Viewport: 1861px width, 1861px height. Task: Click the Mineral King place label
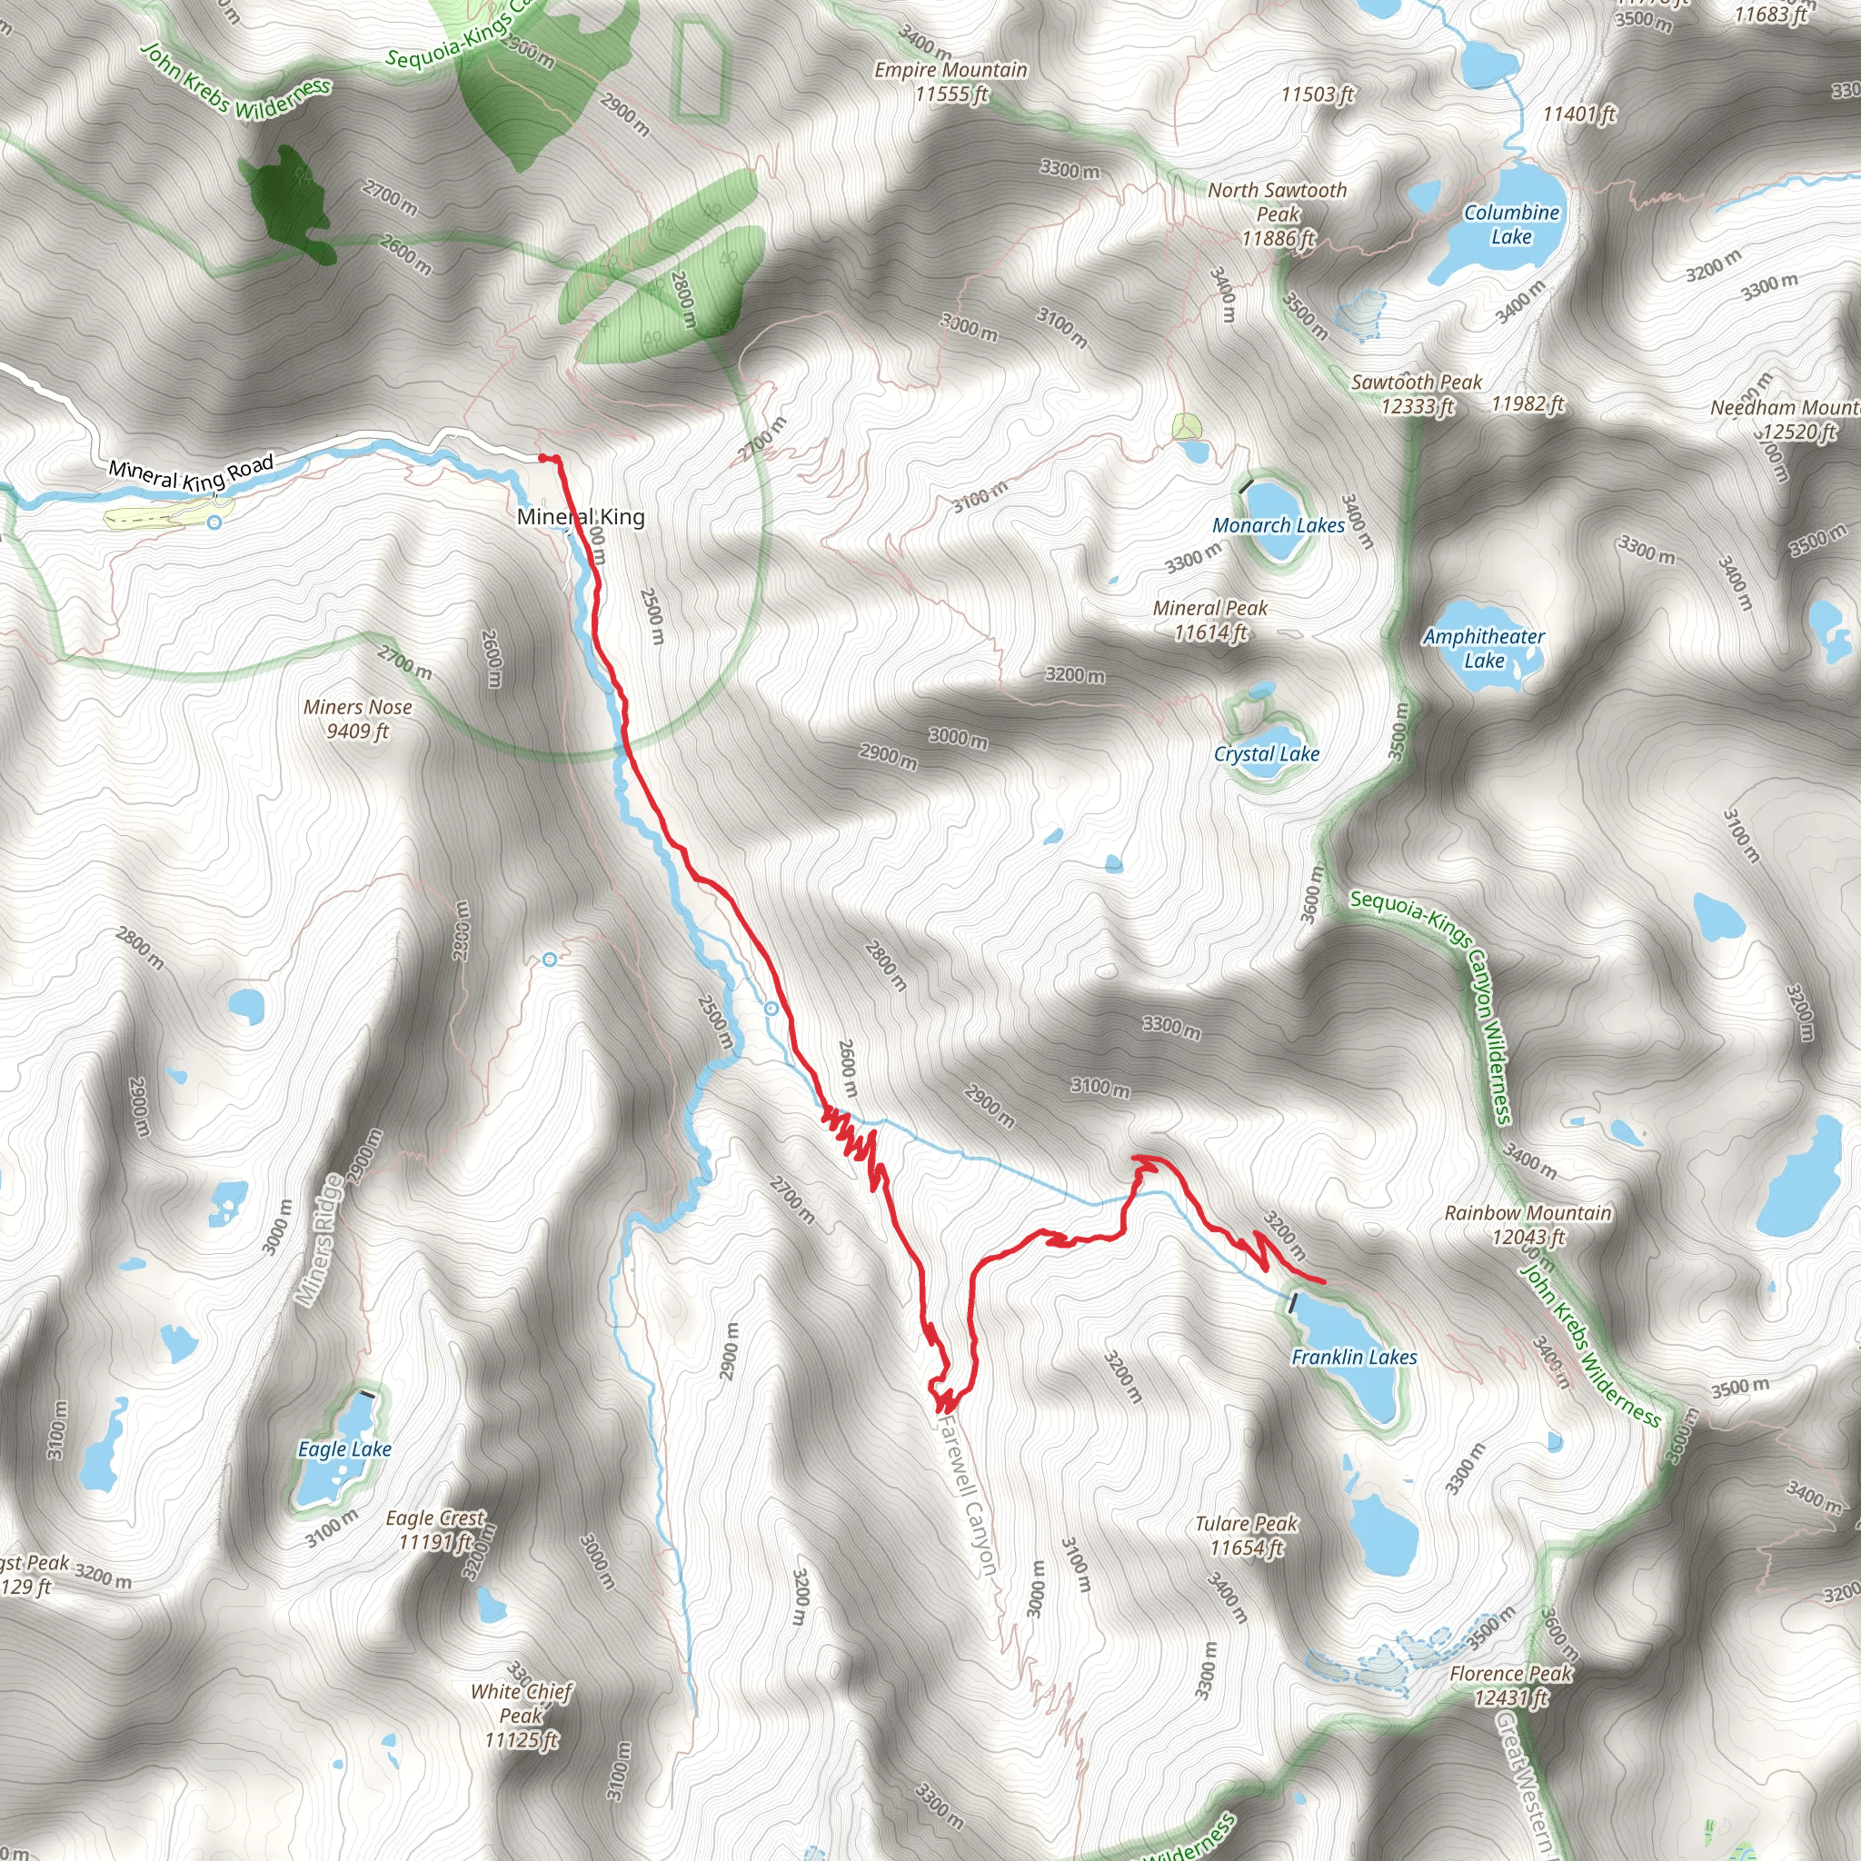coord(581,517)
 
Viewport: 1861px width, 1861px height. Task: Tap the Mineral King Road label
coord(191,469)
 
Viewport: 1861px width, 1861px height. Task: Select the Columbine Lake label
coord(1511,224)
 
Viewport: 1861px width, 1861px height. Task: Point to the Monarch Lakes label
coord(1279,525)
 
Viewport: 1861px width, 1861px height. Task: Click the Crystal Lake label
coord(1266,753)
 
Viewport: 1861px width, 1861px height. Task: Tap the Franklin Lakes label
coord(1353,1358)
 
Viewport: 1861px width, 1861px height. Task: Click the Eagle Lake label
coord(343,1448)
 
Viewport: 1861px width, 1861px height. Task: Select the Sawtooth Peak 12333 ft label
coord(1416,394)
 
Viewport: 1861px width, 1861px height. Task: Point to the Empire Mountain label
coord(950,82)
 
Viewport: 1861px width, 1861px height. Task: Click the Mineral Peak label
coord(1209,621)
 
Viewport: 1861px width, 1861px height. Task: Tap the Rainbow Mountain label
coord(1528,1224)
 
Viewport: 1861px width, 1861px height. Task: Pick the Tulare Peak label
coord(1247,1536)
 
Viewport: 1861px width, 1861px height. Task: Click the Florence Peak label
coord(1510,1686)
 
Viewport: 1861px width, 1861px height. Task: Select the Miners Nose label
coord(357,719)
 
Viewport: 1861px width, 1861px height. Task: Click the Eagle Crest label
coord(435,1529)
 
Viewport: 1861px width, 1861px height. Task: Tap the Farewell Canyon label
coord(966,1492)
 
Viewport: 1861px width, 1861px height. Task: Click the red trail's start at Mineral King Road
coord(543,458)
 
